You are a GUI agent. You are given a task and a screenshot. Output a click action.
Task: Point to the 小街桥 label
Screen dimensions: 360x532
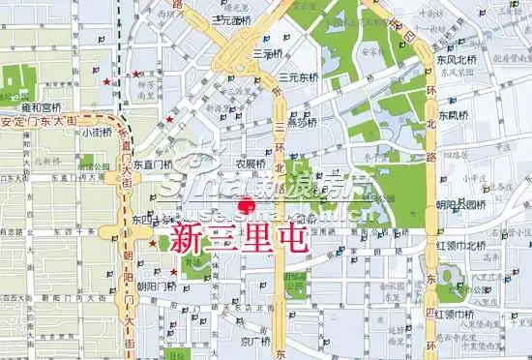(x=98, y=134)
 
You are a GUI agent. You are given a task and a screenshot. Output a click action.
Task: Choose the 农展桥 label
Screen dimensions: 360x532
(x=251, y=163)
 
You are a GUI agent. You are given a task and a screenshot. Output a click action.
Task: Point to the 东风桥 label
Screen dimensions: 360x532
(x=453, y=116)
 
